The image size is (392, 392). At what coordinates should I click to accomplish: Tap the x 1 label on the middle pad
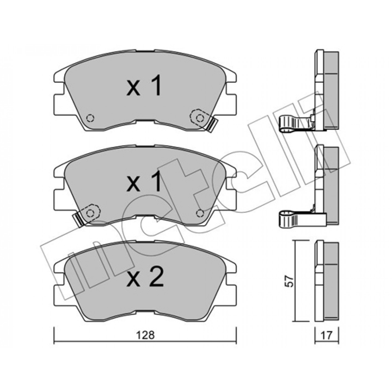tap(144, 181)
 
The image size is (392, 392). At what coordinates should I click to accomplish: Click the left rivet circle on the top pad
tap(90, 118)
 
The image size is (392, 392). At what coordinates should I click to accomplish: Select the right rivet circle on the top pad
tap(200, 118)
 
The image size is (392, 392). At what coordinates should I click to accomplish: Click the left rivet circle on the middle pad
tap(90, 213)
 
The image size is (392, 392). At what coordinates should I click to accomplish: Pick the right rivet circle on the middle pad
tap(200, 213)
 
